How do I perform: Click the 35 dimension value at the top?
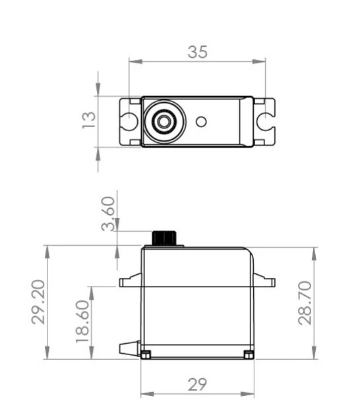point(197,52)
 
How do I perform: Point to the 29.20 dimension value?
point(39,302)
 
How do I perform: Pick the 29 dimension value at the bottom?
point(197,385)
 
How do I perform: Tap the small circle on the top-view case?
point(202,121)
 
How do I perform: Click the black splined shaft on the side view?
point(165,237)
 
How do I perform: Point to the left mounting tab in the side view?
point(130,283)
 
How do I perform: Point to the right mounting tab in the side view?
point(264,282)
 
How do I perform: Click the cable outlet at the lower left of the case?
point(128,347)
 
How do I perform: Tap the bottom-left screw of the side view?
point(146,355)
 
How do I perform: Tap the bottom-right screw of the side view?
point(249,355)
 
